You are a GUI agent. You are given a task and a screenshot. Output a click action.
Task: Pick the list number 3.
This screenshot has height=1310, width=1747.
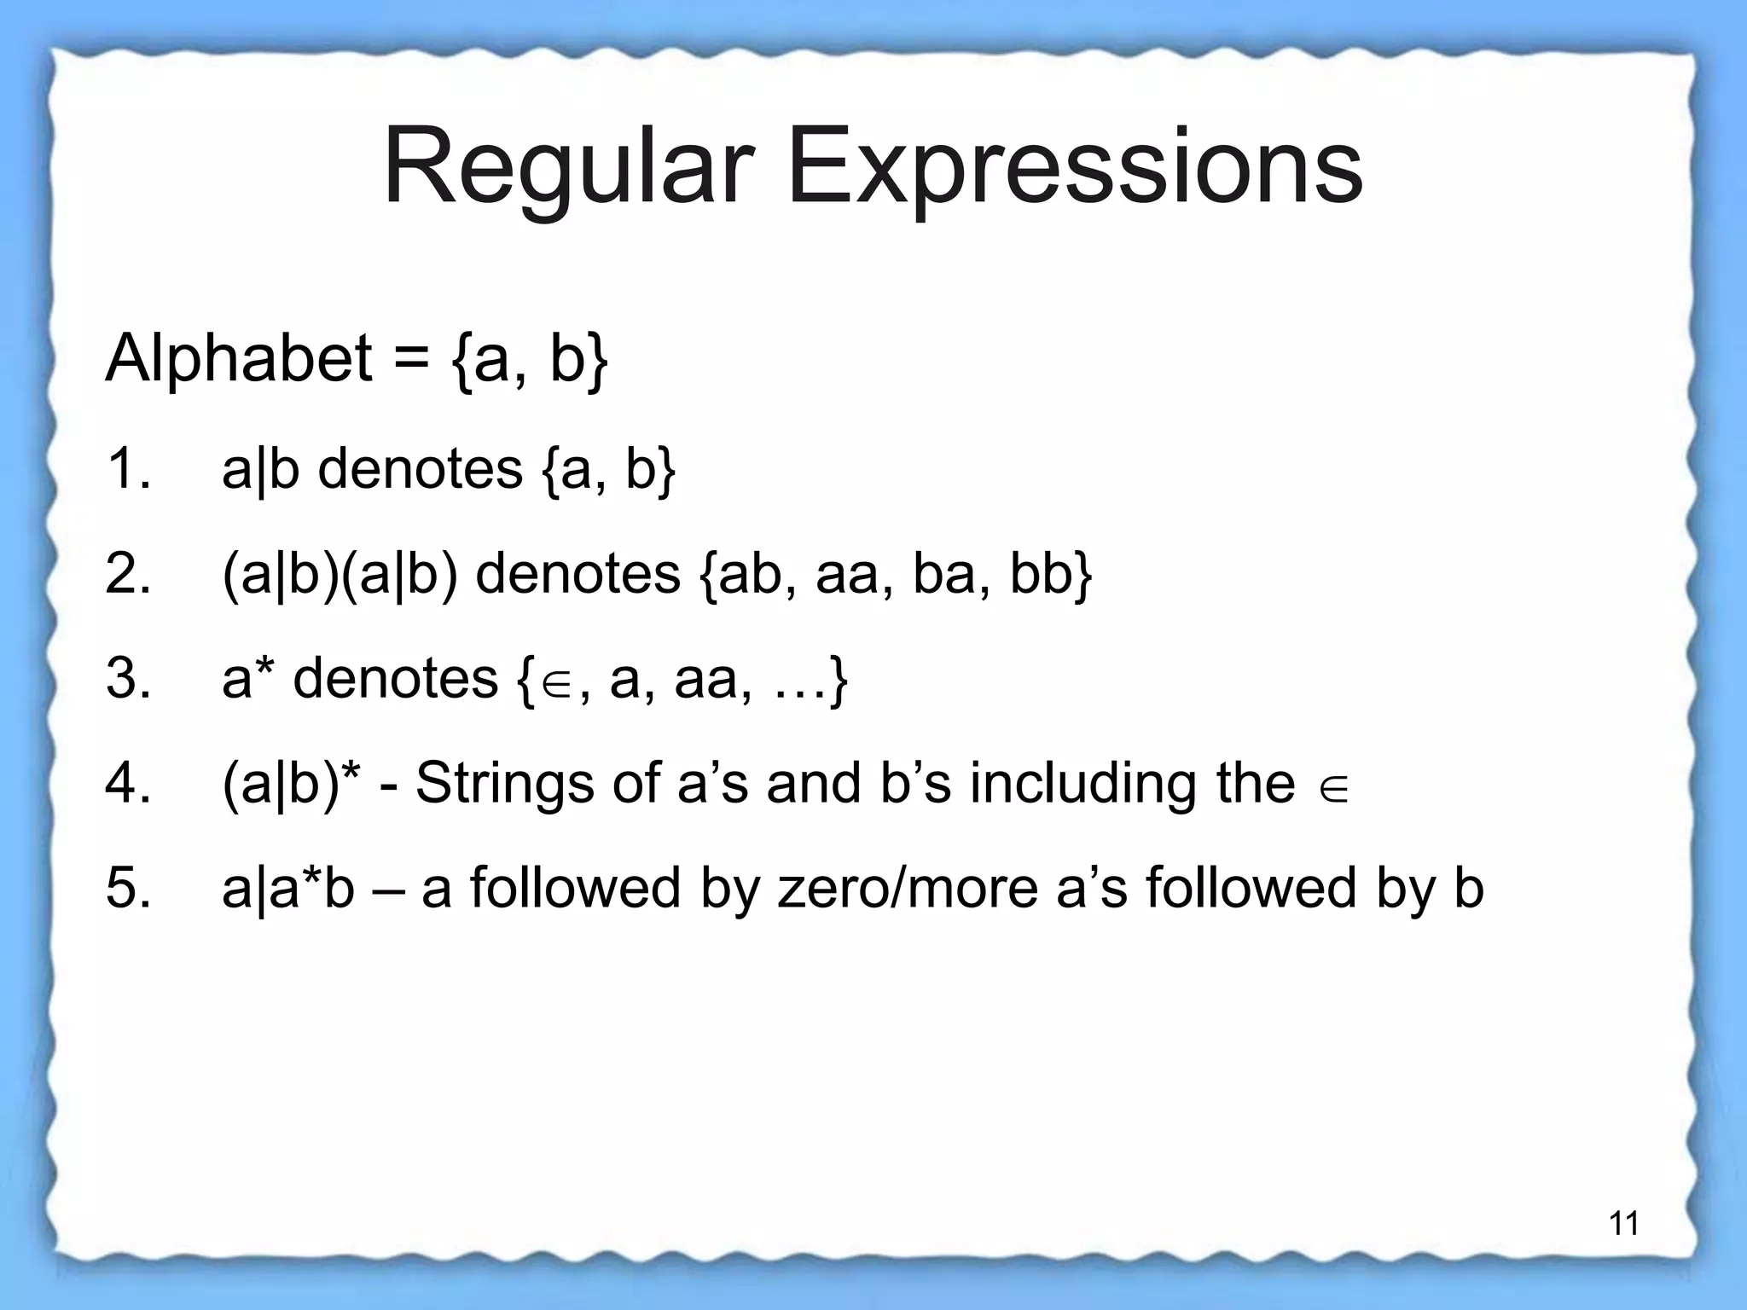128,679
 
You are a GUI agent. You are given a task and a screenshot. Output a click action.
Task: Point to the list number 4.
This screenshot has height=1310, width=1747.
128,783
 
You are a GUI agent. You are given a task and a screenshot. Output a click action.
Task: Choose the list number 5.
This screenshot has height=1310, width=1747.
128,888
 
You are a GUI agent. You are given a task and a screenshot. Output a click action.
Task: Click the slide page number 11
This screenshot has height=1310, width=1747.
1623,1224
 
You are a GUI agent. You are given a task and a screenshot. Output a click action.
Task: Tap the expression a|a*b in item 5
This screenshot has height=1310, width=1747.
287,888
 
